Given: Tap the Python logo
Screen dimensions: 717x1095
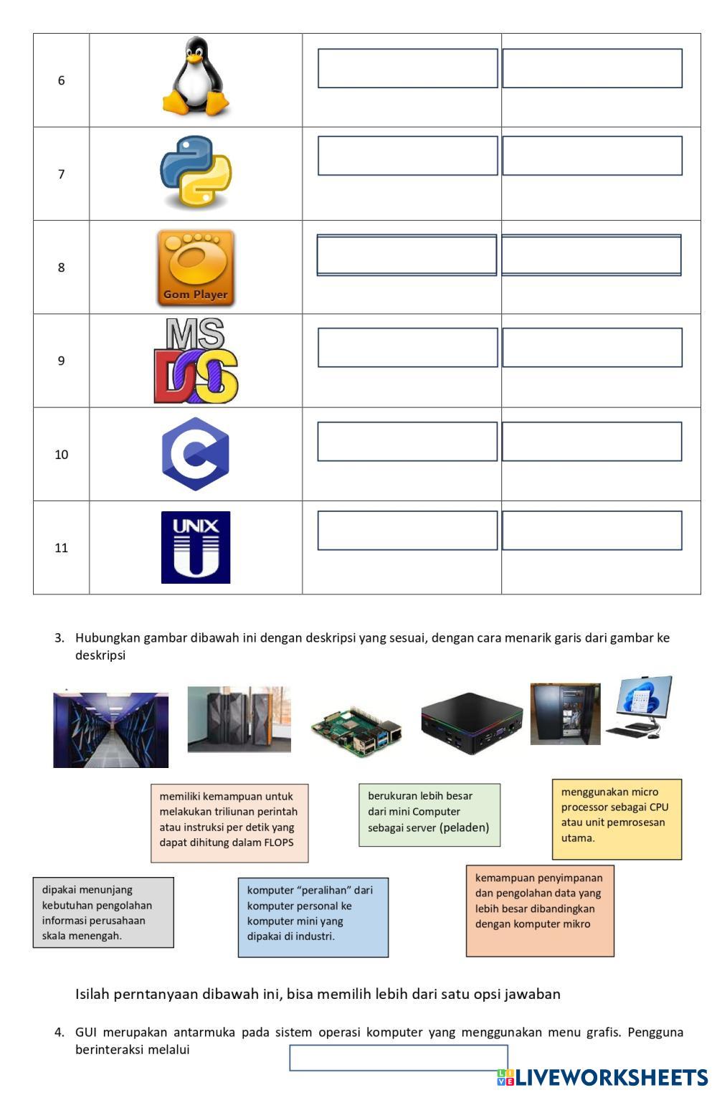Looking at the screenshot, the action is point(196,171).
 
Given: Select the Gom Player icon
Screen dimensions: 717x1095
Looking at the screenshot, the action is point(196,268).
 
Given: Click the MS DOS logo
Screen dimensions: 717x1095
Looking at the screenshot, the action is point(196,360).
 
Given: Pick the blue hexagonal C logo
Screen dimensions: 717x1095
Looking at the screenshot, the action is point(196,454).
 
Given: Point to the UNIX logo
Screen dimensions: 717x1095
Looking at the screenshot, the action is point(196,547).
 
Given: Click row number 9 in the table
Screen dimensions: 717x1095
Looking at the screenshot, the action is point(61,361).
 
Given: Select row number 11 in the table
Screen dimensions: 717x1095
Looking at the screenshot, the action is point(61,548).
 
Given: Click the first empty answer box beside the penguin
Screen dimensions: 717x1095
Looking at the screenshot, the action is point(408,68).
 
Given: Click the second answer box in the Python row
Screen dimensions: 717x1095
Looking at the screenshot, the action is point(592,156).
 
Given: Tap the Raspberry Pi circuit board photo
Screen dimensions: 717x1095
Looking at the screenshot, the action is point(357,731).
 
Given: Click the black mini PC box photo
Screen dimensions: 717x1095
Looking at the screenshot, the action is point(472,724).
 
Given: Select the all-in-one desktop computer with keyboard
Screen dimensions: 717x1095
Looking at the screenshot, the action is point(640,707).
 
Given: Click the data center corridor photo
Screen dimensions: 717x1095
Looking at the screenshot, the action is point(111,730).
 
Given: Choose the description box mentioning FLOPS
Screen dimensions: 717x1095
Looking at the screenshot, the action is point(229,823).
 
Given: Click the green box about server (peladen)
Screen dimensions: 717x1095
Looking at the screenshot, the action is point(429,815).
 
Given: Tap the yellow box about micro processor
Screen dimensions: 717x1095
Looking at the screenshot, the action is point(617,820).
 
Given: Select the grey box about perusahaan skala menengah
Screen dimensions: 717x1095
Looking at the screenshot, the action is point(103,912).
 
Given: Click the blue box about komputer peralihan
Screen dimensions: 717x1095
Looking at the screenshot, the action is point(313,917).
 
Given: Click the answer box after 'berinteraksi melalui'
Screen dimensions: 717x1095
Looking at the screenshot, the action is point(399,1058).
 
